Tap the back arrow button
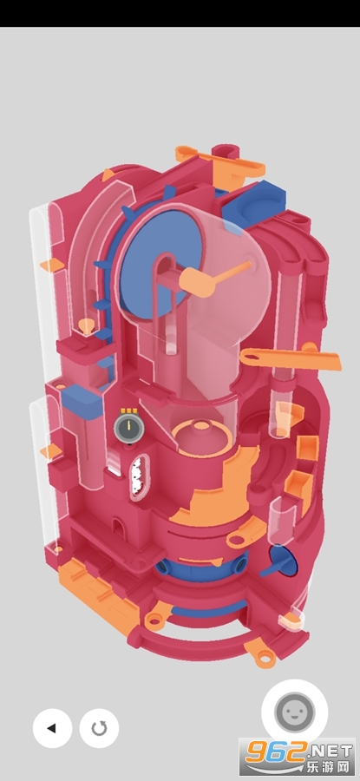click(52, 728)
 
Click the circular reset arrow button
click(99, 728)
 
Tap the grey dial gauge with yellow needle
click(128, 427)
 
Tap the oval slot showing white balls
click(139, 477)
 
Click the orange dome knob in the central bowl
click(201, 425)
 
